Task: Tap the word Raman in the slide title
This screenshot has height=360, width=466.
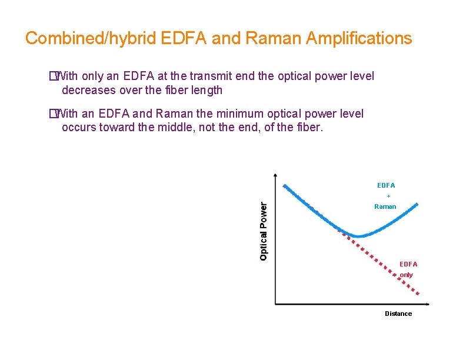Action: coord(268,39)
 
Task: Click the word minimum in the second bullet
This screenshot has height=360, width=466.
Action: coord(232,114)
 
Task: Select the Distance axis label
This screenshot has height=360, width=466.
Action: coord(398,314)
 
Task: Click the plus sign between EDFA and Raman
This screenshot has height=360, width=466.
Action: coord(388,196)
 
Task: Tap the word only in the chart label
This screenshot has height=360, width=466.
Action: coord(407,275)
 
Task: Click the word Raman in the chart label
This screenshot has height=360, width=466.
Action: coord(385,206)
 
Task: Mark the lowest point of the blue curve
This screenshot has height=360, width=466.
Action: coord(358,236)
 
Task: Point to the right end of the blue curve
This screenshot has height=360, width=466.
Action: coord(417,204)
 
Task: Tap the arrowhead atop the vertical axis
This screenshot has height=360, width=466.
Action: coord(275,175)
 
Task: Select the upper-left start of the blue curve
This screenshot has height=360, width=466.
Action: coord(285,186)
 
